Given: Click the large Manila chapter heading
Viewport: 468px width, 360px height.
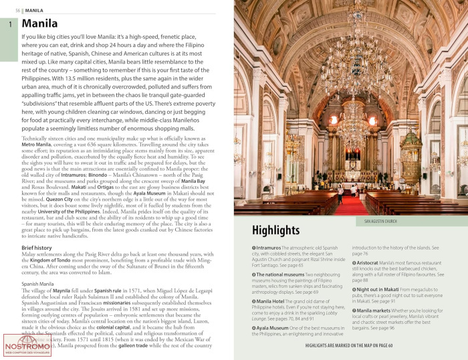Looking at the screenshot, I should pos(39,24).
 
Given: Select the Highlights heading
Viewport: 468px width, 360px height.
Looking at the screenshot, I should pos(275,230).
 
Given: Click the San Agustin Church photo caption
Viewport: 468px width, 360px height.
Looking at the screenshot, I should pos(380,220).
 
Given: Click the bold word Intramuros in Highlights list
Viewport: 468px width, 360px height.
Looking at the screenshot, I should pos(269,248).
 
